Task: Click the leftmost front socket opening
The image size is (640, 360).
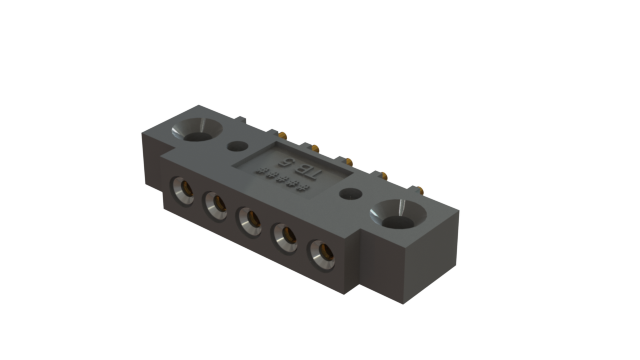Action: coord(184,188)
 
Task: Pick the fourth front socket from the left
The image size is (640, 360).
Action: coord(285,236)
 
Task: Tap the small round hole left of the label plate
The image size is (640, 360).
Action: coord(237,145)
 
